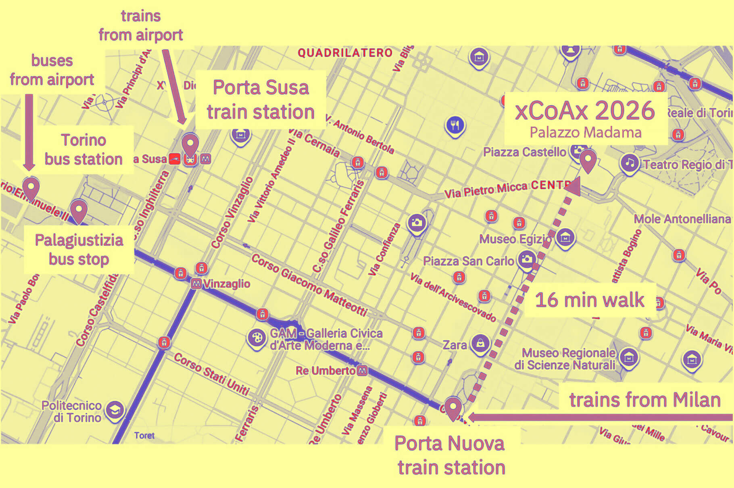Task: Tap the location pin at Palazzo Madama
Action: coord(588,160)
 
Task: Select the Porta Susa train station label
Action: coord(261,99)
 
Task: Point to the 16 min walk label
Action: coord(590,300)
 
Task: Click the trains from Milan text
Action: coord(644,400)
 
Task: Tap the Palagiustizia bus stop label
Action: coord(79,250)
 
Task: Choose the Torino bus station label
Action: coord(83,150)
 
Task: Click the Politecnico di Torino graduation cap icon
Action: coord(115,411)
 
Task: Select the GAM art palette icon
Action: coord(256,338)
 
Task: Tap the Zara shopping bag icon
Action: coord(480,344)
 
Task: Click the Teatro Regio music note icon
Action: coord(630,163)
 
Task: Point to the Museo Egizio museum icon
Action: coord(565,238)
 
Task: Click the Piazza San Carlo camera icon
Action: coord(527,259)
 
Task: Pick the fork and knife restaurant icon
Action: coord(455,125)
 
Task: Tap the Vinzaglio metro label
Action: coord(226,284)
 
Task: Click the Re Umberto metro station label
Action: coord(325,371)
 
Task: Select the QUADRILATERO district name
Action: coord(345,53)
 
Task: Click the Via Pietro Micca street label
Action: coord(486,190)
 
